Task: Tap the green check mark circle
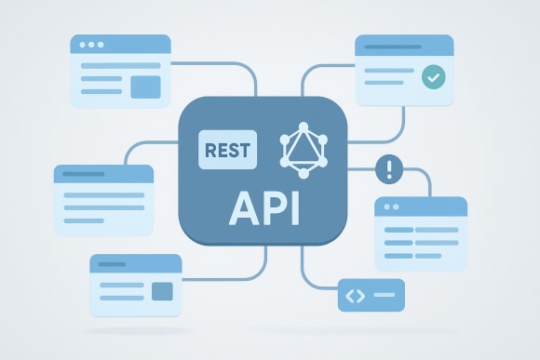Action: click(432, 77)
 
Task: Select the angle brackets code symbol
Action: click(354, 296)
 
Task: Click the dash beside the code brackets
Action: click(384, 296)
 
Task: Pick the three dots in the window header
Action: click(92, 45)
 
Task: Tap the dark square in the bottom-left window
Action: click(162, 291)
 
